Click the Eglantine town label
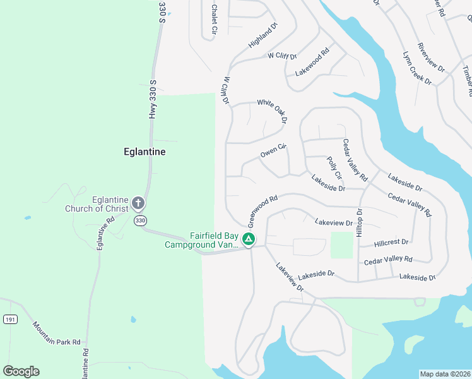[145, 152]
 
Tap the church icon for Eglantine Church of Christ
[138, 204]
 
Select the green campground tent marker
[249, 239]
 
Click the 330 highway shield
[140, 220]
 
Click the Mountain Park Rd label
[57, 333]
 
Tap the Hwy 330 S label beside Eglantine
[152, 99]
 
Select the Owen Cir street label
[273, 151]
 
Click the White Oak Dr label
[272, 110]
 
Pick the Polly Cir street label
[334, 167]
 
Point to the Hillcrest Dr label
[391, 242]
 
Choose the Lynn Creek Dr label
[416, 68]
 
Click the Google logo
[21, 371]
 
